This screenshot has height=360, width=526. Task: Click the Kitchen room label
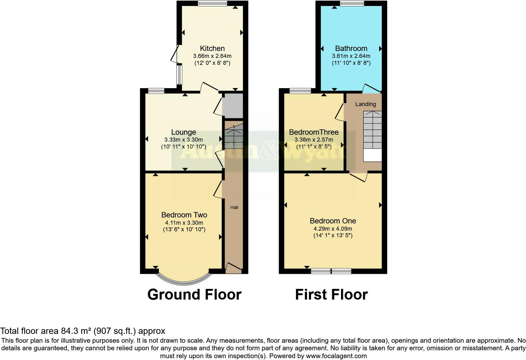[x=212, y=48]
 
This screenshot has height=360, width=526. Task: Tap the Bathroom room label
[x=351, y=48]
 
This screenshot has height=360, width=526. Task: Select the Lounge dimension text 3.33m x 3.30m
[x=183, y=140]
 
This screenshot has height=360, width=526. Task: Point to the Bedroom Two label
[x=184, y=215]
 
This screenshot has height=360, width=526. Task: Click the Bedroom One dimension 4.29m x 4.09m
[x=333, y=229]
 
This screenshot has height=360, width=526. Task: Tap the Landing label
[x=366, y=104]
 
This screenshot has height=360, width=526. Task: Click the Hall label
[x=234, y=207]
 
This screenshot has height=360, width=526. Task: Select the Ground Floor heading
[x=194, y=295]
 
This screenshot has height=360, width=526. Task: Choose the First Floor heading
[x=331, y=295]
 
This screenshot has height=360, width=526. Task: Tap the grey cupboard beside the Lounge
[x=233, y=105]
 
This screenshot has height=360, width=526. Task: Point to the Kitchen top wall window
[x=212, y=3]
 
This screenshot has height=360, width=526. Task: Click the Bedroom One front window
[x=331, y=271]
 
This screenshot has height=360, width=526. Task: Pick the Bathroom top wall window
[x=352, y=3]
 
